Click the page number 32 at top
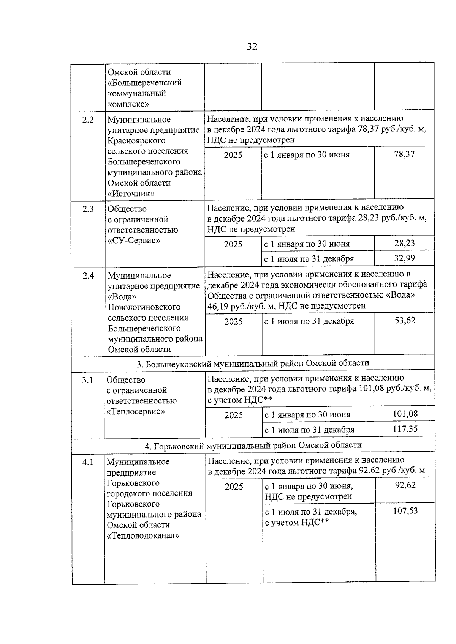point(252,47)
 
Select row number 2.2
point(88,120)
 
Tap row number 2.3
point(88,209)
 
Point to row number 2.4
point(88,276)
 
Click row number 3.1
point(87,380)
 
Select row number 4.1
point(87,462)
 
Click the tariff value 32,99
point(404,258)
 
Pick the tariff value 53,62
point(405,321)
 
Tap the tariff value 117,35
point(405,429)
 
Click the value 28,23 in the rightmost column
point(404,243)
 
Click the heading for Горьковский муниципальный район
point(253,445)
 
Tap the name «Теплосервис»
point(136,411)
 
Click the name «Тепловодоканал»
point(143,536)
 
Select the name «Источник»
point(131,194)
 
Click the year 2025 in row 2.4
point(233,322)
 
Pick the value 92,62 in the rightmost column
point(405,485)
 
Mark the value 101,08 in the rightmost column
point(405,414)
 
